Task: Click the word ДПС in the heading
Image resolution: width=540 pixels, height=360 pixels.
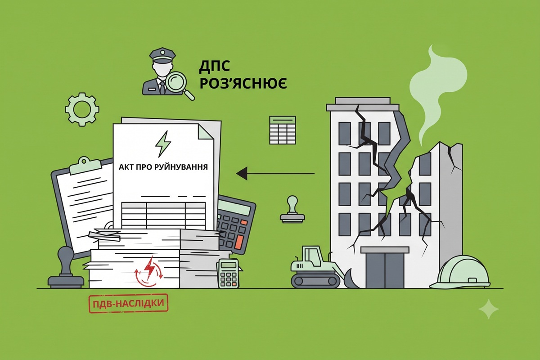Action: (x=214, y=66)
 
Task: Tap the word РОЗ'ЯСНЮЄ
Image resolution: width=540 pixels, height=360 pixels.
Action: (x=243, y=83)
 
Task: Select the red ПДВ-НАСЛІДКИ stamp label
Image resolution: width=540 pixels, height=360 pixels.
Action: (x=129, y=303)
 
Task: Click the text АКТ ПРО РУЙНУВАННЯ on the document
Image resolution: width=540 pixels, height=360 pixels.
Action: (x=163, y=167)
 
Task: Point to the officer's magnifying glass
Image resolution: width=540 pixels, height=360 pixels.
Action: (x=180, y=85)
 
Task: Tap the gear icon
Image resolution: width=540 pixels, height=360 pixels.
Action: (x=82, y=109)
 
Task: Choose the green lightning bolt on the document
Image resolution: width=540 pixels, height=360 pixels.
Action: (x=163, y=144)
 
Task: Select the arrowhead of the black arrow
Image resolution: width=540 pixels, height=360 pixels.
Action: (x=242, y=173)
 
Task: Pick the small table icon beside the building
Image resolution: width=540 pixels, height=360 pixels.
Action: (x=283, y=130)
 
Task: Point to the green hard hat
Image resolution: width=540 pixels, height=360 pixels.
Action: (x=460, y=272)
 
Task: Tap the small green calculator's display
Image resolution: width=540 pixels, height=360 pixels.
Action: (x=228, y=265)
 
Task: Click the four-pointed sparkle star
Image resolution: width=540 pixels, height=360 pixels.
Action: (x=489, y=309)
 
